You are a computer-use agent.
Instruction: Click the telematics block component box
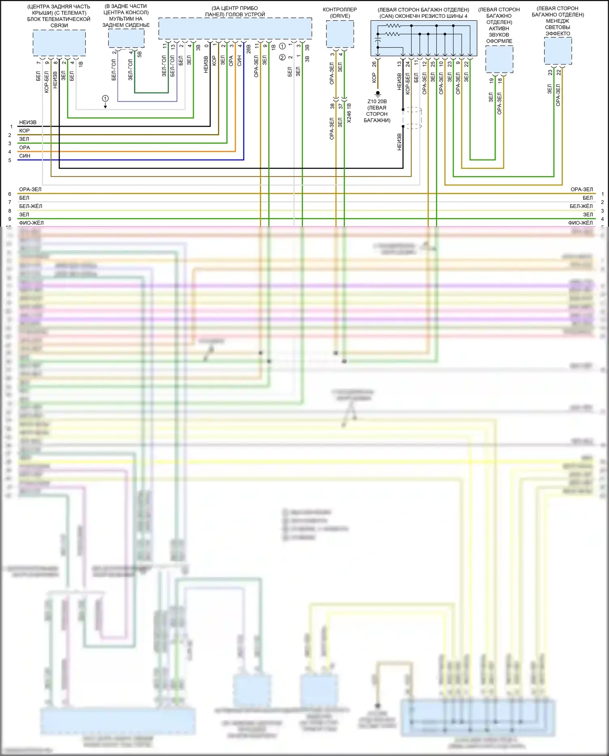pos(59,43)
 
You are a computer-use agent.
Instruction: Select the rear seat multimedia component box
pos(126,39)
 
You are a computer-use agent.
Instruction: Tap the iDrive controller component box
pos(340,34)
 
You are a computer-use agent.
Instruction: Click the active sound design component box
pos(499,59)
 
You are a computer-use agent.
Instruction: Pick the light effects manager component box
pos(558,51)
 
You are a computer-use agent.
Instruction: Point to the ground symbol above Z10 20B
pos(378,94)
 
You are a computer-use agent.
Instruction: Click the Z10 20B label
pos(377,102)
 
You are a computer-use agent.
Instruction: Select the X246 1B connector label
pos(349,113)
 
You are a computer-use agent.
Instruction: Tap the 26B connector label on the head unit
pos(248,49)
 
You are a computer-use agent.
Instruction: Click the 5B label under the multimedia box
pos(140,54)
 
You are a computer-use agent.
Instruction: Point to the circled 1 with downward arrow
pos(105,99)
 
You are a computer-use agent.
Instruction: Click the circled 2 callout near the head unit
pos(282,57)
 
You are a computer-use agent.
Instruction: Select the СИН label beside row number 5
pos(24,156)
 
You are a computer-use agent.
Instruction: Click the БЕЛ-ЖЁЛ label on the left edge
pos(30,206)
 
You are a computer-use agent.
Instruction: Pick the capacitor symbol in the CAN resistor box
pos(378,41)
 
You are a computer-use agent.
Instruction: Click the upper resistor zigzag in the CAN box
pos(393,26)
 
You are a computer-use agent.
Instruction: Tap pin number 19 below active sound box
pos(491,80)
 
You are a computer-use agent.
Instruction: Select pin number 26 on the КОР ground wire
pos(374,64)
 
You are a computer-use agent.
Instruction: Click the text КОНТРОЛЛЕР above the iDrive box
pos(340,9)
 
